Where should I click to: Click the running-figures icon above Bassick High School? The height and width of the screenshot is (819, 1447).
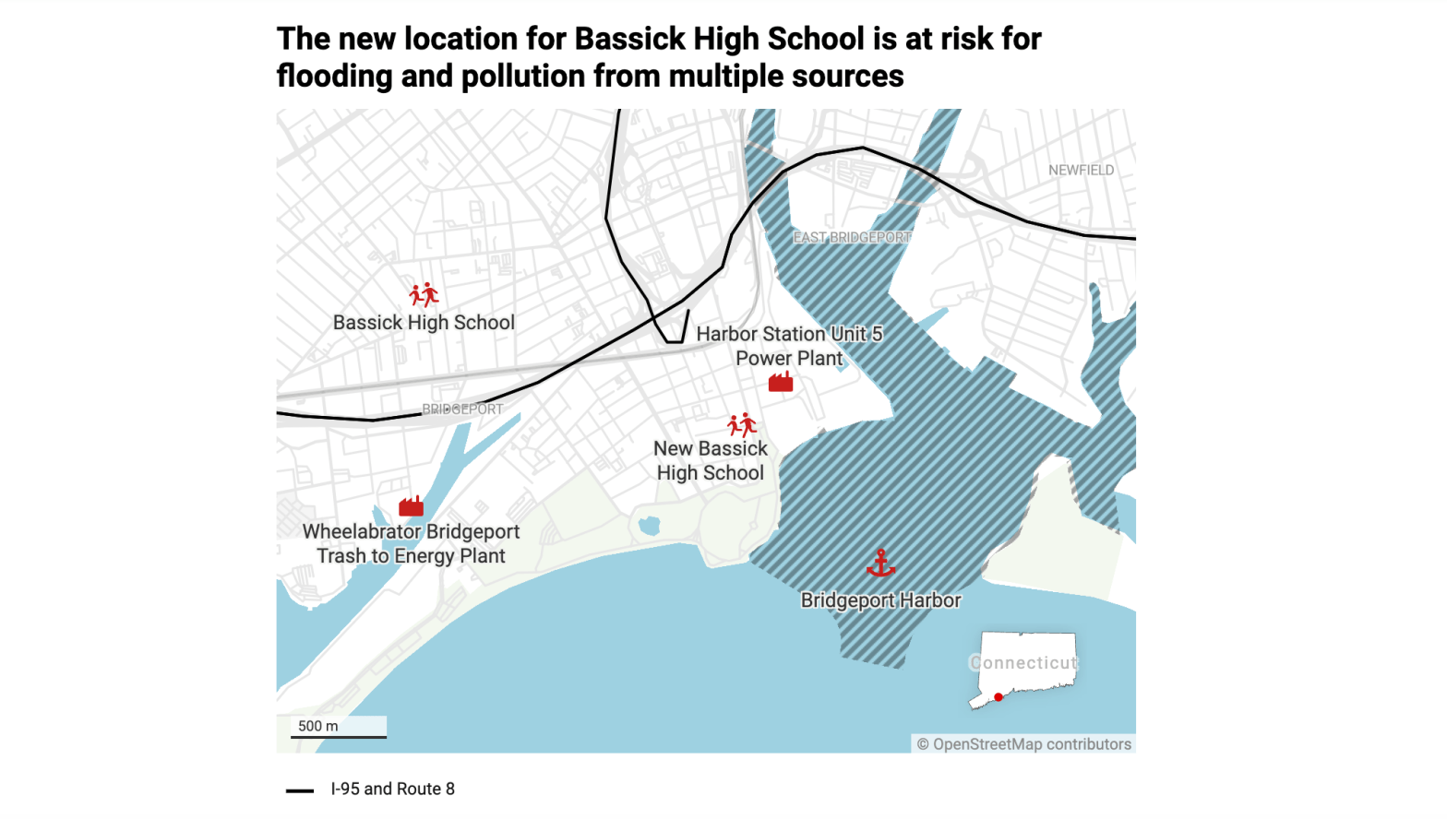424,295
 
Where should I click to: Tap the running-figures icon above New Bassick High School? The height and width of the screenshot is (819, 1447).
742,424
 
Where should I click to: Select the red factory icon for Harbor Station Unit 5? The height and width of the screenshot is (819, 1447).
781,382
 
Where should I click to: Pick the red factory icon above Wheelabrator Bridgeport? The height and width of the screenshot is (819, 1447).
411,505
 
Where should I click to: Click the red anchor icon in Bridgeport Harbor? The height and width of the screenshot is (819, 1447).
881,563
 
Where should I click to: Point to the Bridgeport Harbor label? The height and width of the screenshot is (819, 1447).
880,600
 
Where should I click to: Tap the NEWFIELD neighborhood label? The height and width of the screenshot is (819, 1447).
1081,171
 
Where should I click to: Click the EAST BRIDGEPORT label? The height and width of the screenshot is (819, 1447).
852,237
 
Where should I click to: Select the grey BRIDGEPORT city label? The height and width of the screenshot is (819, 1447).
462,409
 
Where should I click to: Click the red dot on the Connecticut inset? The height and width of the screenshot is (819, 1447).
999,697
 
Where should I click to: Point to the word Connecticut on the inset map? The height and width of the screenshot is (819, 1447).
1023,662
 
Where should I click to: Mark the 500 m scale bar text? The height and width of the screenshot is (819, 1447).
318,726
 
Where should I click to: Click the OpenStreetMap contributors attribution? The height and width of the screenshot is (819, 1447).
1023,744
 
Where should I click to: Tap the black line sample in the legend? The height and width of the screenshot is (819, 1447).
300,790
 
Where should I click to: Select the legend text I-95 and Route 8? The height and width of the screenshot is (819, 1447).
393,789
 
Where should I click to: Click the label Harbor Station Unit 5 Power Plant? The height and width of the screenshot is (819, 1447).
789,346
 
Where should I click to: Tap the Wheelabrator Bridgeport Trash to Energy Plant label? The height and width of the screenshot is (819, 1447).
412,543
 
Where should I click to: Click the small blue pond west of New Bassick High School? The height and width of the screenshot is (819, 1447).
650,526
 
